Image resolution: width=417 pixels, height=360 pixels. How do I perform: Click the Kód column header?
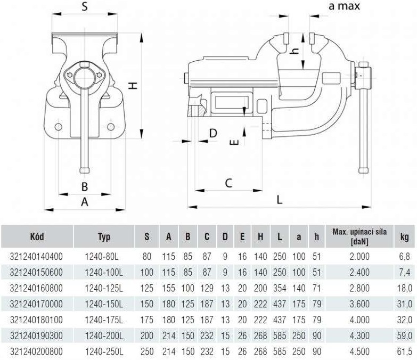pyautogui.click(x=37, y=236)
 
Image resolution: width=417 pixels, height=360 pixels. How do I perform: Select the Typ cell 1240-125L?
pyautogui.click(x=104, y=288)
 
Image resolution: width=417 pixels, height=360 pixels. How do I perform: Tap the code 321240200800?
pyautogui.click(x=36, y=351)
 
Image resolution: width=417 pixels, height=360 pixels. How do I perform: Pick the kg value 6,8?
pyautogui.click(x=405, y=257)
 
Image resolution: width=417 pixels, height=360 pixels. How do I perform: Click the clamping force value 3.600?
pyautogui.click(x=359, y=304)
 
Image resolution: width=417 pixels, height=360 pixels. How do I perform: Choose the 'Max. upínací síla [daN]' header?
pyautogui.click(x=359, y=236)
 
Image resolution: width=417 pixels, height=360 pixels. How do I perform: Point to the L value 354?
pyautogui.click(x=280, y=288)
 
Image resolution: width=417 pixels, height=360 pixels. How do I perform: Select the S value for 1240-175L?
pyautogui.click(x=147, y=320)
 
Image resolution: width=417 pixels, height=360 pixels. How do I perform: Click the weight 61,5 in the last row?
pyautogui.click(x=405, y=351)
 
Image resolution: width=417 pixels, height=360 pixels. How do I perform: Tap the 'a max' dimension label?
pyautogui.click(x=344, y=6)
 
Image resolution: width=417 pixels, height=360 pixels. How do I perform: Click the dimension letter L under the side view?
pyautogui.click(x=279, y=199)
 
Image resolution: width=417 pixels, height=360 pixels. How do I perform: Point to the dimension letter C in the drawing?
pyautogui.click(x=228, y=183)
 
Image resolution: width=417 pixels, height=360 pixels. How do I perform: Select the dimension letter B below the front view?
pyautogui.click(x=85, y=186)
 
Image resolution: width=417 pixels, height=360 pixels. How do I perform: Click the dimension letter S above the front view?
pyautogui.click(x=85, y=6)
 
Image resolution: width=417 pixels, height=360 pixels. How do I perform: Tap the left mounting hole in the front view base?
pyautogui.click(x=59, y=127)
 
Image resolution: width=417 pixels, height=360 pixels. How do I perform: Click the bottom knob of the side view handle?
pyautogui.click(x=363, y=170)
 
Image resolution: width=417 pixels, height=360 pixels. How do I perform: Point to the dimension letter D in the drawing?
pyautogui.click(x=213, y=133)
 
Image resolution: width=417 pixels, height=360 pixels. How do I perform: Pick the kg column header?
pyautogui.click(x=405, y=236)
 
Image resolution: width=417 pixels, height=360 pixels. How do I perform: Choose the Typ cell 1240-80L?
pyautogui.click(x=102, y=257)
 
